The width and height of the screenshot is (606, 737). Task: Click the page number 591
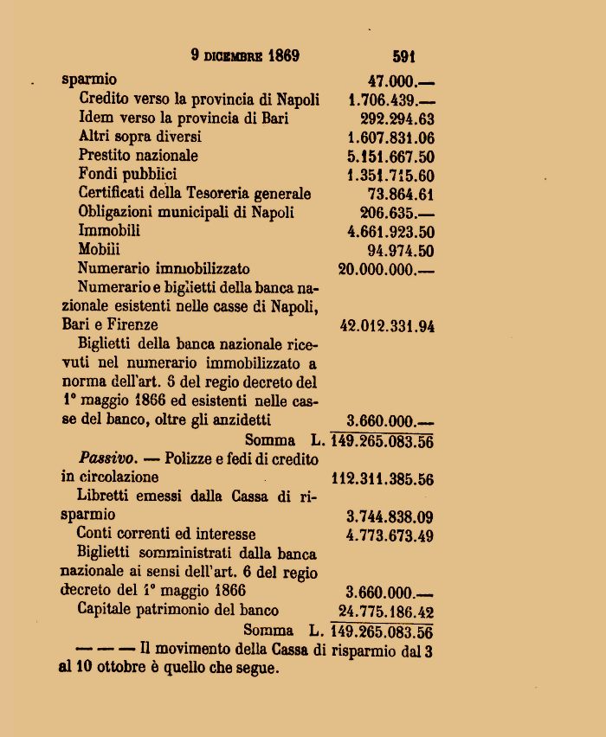[403, 57]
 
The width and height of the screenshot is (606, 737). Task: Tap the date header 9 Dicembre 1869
[245, 56]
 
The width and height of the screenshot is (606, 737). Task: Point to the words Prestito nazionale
[138, 156]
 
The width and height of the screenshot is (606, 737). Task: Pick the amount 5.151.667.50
[390, 157]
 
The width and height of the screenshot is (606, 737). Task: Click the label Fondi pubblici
[127, 175]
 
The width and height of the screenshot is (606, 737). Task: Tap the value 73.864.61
[400, 194]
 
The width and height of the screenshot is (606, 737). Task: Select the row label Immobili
[109, 231]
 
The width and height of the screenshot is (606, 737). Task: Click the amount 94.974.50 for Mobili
[400, 251]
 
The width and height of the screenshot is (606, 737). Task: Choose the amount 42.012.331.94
[386, 326]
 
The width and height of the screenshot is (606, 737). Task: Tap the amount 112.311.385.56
[383, 478]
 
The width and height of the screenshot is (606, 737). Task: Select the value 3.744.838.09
[390, 516]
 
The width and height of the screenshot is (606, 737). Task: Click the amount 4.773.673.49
[390, 535]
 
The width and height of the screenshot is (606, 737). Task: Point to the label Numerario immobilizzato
[164, 269]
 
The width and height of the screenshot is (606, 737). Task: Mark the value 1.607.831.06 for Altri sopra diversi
[390, 137]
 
